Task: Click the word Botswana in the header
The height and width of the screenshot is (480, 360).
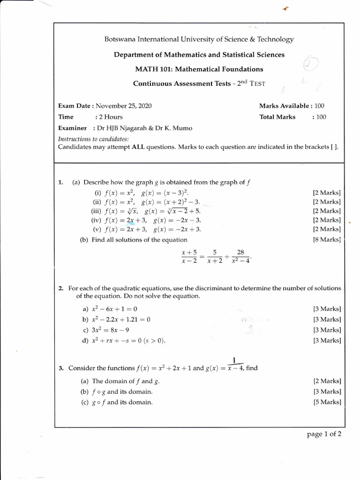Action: [119, 39]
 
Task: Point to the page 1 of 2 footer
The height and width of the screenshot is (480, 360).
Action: [324, 434]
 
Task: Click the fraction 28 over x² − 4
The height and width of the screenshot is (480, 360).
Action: [241, 256]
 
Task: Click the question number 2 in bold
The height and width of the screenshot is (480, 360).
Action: [61, 288]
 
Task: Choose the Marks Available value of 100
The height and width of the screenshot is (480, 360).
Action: [320, 106]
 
